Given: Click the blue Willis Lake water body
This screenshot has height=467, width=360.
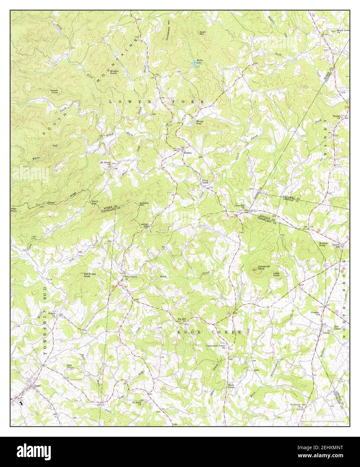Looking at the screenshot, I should click(x=195, y=63).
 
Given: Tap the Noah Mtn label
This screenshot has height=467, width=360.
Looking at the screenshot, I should click(x=202, y=33).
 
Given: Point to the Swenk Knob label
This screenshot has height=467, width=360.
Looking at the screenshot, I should click(x=55, y=91).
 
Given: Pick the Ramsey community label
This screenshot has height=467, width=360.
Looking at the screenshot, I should click(x=187, y=153).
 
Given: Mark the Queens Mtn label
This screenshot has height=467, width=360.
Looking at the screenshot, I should click(x=144, y=204).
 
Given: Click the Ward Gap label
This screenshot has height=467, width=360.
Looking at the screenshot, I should click(x=95, y=203).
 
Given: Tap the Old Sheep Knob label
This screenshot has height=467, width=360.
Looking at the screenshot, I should click(x=90, y=275).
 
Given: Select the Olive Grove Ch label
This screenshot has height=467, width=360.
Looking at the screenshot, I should click(x=122, y=278).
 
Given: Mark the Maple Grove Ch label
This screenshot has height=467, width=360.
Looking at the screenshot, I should click(x=343, y=32).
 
